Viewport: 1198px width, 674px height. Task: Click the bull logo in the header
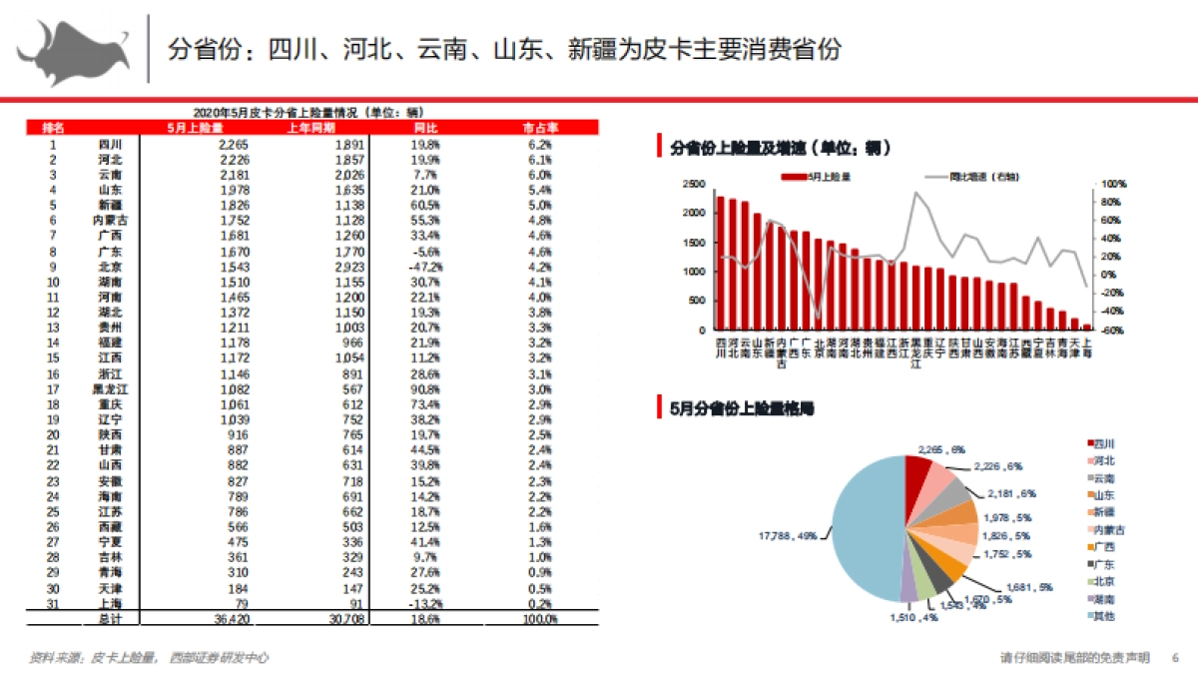pyautogui.click(x=72, y=50)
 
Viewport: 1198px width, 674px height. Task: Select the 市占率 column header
pyautogui.click(x=540, y=128)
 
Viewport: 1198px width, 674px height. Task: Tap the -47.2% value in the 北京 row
pyautogui.click(x=424, y=267)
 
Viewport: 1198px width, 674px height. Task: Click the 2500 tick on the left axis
pyautogui.click(x=694, y=185)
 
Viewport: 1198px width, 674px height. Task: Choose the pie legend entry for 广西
pyautogui.click(x=1103, y=546)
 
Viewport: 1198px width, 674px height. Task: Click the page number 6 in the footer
pyautogui.click(x=1175, y=657)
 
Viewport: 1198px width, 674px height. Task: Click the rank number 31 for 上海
pyautogui.click(x=53, y=605)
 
